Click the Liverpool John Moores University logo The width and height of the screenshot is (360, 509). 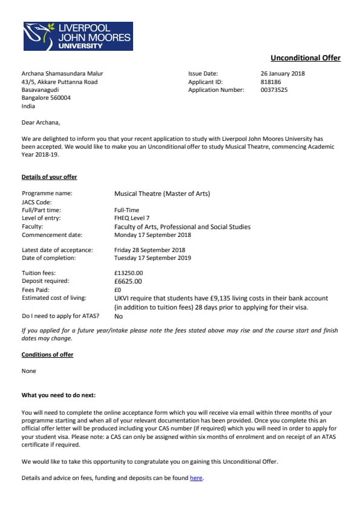[x=77, y=36]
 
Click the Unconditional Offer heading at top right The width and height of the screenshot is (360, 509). [x=306, y=58]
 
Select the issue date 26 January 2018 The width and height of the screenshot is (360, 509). [x=283, y=74]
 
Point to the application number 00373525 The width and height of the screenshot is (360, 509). [x=274, y=90]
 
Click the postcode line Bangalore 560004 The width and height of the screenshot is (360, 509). [x=46, y=98]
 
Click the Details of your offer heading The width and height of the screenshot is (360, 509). [x=50, y=177]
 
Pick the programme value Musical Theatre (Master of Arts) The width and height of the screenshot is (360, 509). [x=162, y=193]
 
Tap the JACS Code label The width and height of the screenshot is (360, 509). [x=37, y=202]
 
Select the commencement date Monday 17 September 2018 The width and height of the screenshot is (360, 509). [x=152, y=235]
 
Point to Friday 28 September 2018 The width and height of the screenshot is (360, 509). [x=149, y=250]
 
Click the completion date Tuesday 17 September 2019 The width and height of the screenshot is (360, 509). [x=152, y=258]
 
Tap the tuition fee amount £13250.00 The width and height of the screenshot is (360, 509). [x=129, y=273]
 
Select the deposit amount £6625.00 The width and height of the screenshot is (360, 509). [x=128, y=281]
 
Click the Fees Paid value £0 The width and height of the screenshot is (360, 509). [x=118, y=290]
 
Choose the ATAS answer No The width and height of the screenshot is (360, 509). [x=119, y=316]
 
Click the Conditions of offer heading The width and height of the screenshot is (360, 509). [x=47, y=355]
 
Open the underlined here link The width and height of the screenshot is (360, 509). [x=196, y=478]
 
